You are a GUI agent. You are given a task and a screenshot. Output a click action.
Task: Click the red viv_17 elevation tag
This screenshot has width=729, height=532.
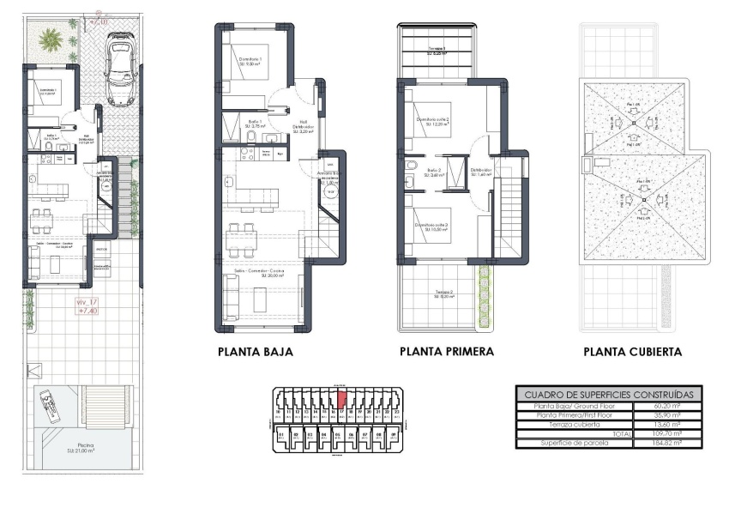pyautogui.click(x=87, y=307)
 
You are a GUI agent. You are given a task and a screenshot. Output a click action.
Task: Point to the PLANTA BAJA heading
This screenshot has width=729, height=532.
pyautogui.click(x=256, y=352)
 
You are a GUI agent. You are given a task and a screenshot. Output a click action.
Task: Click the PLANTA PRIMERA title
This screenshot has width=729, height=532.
pyautogui.click(x=446, y=352)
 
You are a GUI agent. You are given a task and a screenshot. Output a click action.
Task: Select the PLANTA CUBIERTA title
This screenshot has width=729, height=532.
pyautogui.click(x=632, y=352)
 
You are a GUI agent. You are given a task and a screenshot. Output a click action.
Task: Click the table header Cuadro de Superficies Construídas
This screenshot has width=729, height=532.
pyautogui.click(x=608, y=393)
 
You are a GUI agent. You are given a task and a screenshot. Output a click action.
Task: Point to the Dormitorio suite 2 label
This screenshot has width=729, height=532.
pyautogui.click(x=434, y=122)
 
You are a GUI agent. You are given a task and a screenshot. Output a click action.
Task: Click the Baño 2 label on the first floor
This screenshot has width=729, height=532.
pyautogui.click(x=433, y=172)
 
